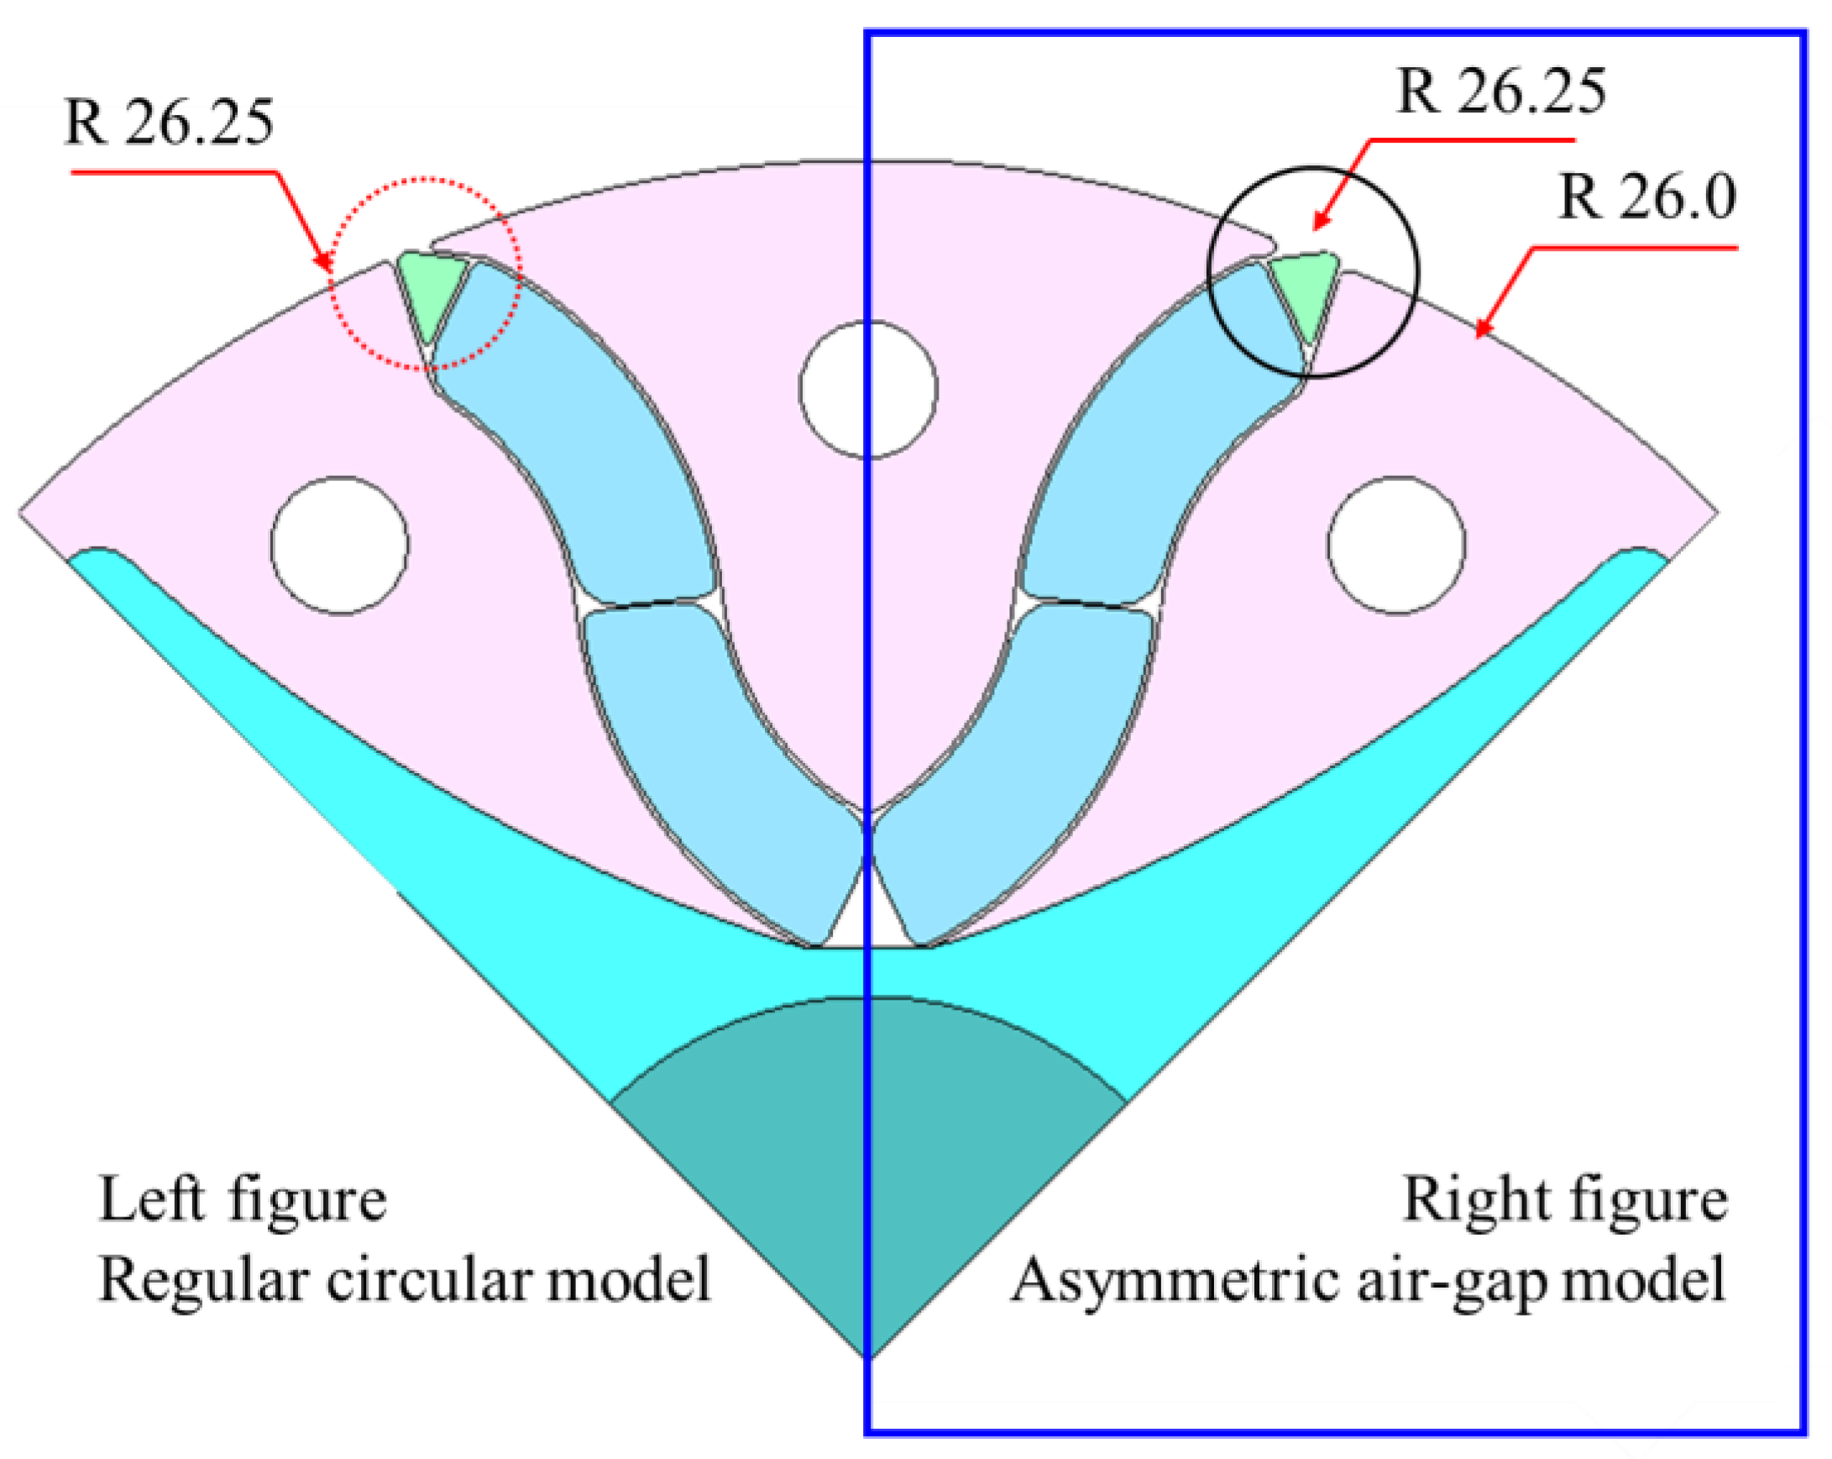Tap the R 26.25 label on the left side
click(169, 123)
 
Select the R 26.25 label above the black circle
click(1501, 92)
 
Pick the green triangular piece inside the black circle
click(1306, 290)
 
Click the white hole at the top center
click(868, 389)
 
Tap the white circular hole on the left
click(340, 545)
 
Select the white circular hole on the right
click(1396, 545)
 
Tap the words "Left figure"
click(243, 1200)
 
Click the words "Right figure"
click(1564, 1200)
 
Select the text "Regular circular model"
click(405, 1279)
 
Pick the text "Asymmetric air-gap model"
click(1368, 1279)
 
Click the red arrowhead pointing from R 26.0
click(1482, 329)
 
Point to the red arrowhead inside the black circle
click(1320, 222)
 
